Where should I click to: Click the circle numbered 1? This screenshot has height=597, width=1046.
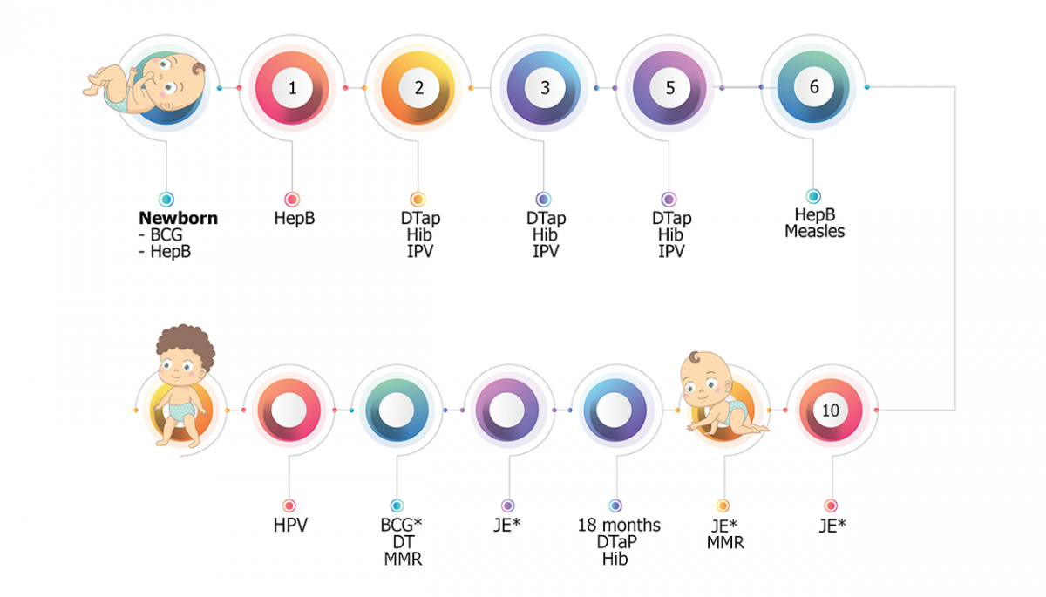click(292, 88)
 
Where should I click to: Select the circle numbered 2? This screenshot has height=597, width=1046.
click(418, 88)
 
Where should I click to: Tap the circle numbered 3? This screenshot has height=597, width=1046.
click(545, 88)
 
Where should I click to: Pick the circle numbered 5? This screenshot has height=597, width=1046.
click(669, 88)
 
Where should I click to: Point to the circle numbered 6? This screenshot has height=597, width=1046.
click(814, 87)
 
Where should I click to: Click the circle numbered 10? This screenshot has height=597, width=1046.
click(831, 410)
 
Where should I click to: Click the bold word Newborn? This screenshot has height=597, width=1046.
click(178, 219)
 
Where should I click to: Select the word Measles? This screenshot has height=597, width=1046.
click(814, 232)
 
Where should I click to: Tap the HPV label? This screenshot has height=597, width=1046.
click(290, 526)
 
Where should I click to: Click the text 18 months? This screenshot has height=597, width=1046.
click(619, 526)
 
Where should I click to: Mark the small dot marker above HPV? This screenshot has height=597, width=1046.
click(289, 505)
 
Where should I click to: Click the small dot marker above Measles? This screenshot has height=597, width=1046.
click(813, 197)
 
